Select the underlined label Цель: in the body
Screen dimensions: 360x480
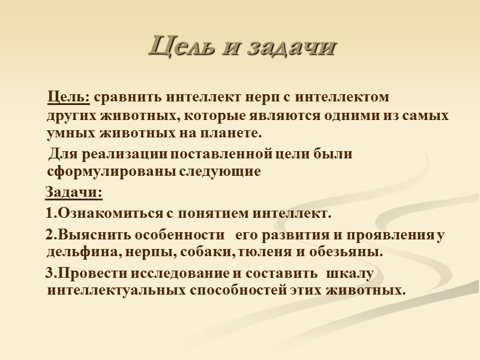(x=69, y=97)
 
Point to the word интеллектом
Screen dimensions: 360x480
(x=343, y=97)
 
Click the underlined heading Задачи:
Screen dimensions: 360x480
(x=74, y=194)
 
